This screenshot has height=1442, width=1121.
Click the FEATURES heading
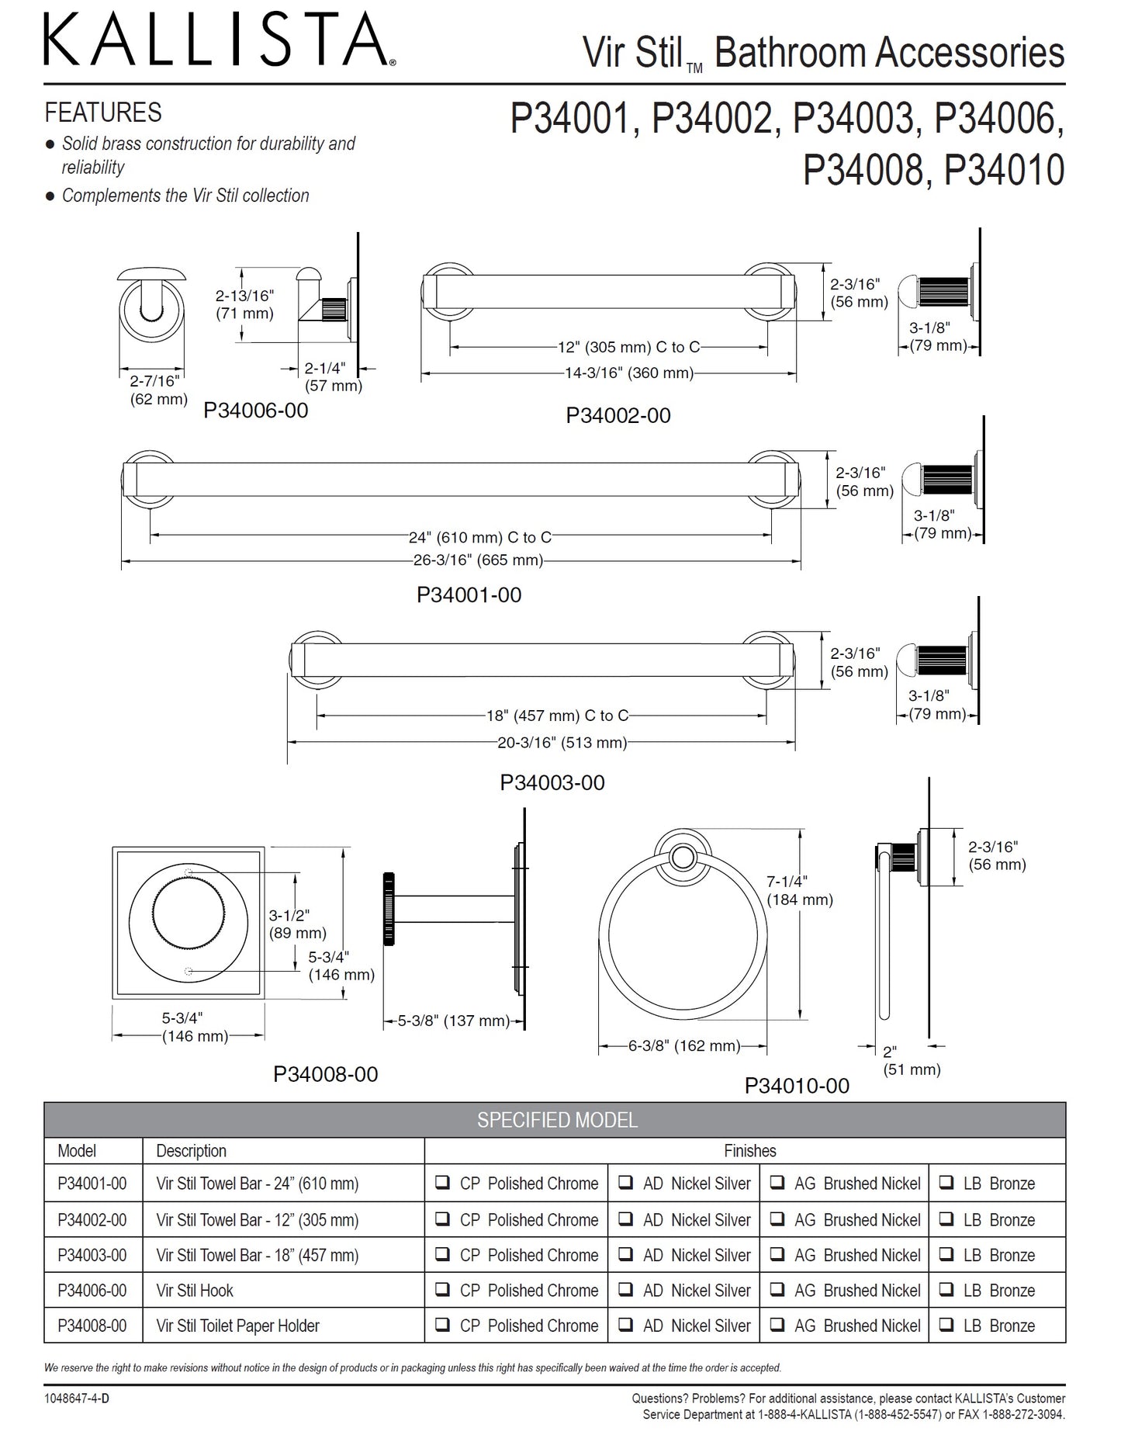pos(103,113)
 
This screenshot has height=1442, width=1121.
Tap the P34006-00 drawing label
pos(256,411)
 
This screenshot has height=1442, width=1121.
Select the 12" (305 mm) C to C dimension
pos(628,348)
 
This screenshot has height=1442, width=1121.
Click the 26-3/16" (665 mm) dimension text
pos(478,560)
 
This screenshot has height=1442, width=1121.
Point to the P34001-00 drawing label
pos(469,595)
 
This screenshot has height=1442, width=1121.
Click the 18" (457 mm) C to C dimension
pos(557,716)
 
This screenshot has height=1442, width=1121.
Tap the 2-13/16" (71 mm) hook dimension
pos(244,305)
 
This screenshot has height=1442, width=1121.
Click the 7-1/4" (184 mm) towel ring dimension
pos(799,891)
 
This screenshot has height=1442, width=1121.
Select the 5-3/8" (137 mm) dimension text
pos(454,1021)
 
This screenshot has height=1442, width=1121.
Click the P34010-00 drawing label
pos(797,1086)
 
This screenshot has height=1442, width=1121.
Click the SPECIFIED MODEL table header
pos(557,1120)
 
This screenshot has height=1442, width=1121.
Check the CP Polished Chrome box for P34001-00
pos(442,1184)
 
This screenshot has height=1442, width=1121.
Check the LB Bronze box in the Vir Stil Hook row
pos(946,1291)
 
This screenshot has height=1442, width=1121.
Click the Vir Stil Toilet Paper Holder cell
pos(237,1326)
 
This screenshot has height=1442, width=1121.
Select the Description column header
pos(192,1151)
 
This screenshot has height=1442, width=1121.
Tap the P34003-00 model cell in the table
pos(92,1255)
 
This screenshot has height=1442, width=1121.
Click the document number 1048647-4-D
pos(77,1398)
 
